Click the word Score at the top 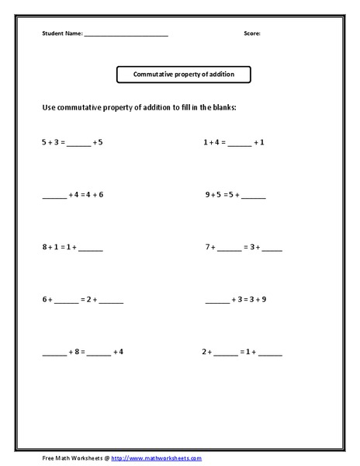pos(252,34)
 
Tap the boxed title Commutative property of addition pos(184,75)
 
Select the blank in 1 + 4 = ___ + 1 pos(240,145)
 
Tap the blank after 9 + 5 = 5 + pos(254,196)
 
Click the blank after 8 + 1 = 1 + pos(90,249)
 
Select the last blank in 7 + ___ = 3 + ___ pos(272,249)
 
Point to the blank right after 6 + pos(66,301)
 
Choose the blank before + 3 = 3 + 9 pos(216,301)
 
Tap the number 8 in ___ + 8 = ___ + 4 pos(78,352)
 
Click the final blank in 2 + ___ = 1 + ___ pos(271,354)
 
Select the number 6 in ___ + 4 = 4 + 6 pos(100,194)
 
